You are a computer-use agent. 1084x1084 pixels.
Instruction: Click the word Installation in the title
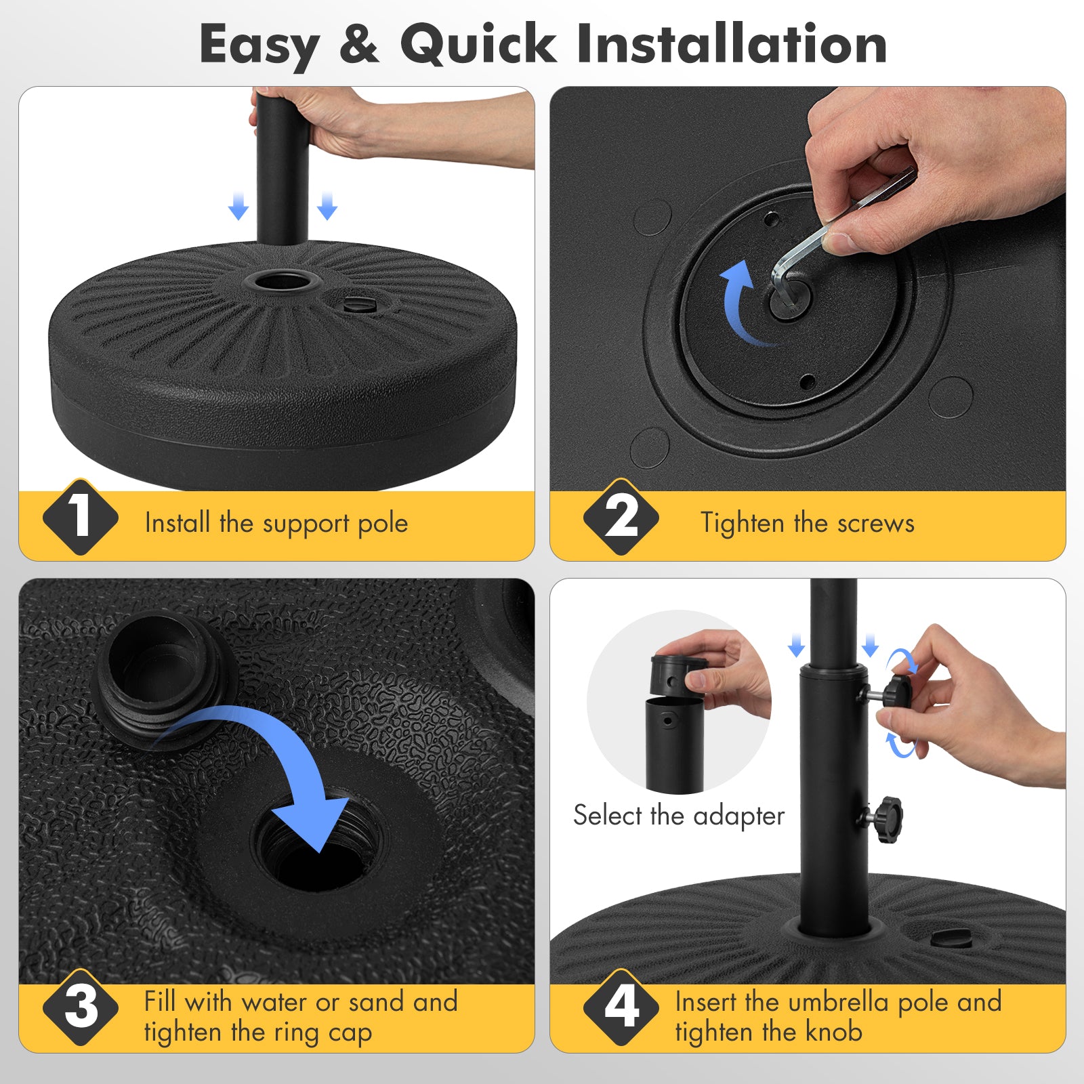pyautogui.click(x=732, y=44)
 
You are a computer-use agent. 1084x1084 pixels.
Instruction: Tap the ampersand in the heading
pyautogui.click(x=359, y=45)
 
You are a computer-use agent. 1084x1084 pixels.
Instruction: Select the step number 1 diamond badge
pyautogui.click(x=80, y=517)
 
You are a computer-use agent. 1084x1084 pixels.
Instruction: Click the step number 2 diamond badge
pyautogui.click(x=621, y=517)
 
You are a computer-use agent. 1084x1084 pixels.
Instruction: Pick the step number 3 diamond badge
pyautogui.click(x=80, y=1007)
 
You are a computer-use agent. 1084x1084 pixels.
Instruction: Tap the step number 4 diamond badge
pyautogui.click(x=621, y=1007)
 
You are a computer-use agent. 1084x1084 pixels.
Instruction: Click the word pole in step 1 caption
pyautogui.click(x=383, y=524)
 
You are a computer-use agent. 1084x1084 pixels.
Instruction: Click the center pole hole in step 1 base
pyautogui.click(x=283, y=280)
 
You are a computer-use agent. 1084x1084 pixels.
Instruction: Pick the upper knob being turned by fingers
pyautogui.click(x=896, y=691)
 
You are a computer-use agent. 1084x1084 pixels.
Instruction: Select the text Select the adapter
pyautogui.click(x=678, y=815)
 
